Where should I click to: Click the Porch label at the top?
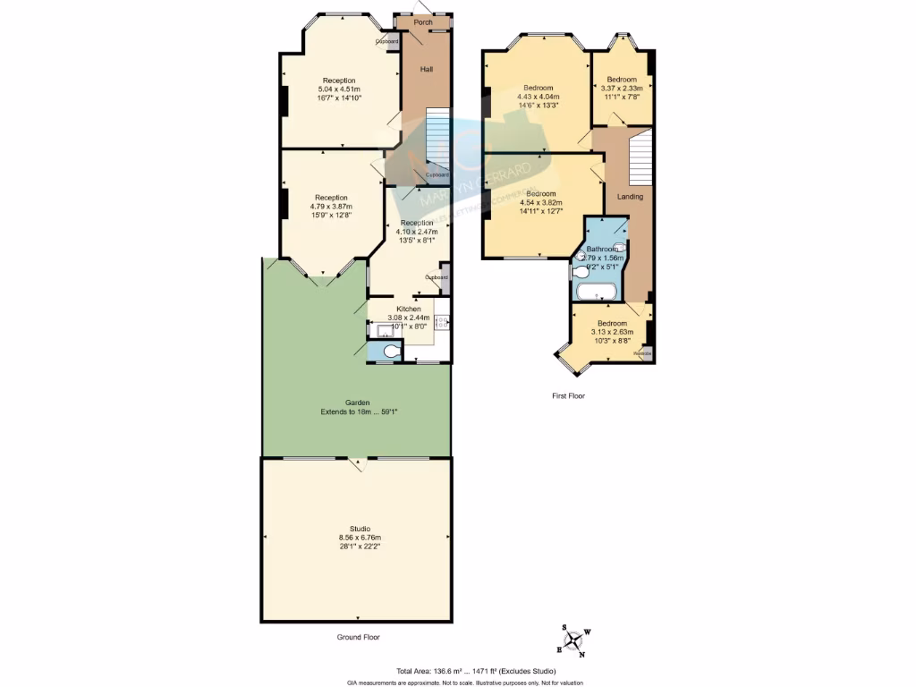click(423, 22)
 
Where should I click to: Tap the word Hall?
click(427, 69)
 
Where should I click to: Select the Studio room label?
click(355, 529)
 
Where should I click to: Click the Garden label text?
click(358, 403)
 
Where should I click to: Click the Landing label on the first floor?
click(630, 197)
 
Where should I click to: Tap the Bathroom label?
click(602, 249)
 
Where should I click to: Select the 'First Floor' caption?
click(568, 394)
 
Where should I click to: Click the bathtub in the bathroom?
click(595, 292)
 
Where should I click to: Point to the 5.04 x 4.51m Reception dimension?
click(339, 89)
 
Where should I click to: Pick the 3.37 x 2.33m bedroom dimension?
click(622, 88)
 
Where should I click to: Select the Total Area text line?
click(476, 672)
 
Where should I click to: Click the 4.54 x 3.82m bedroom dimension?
click(540, 202)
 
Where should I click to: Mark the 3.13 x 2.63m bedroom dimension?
click(612, 332)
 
